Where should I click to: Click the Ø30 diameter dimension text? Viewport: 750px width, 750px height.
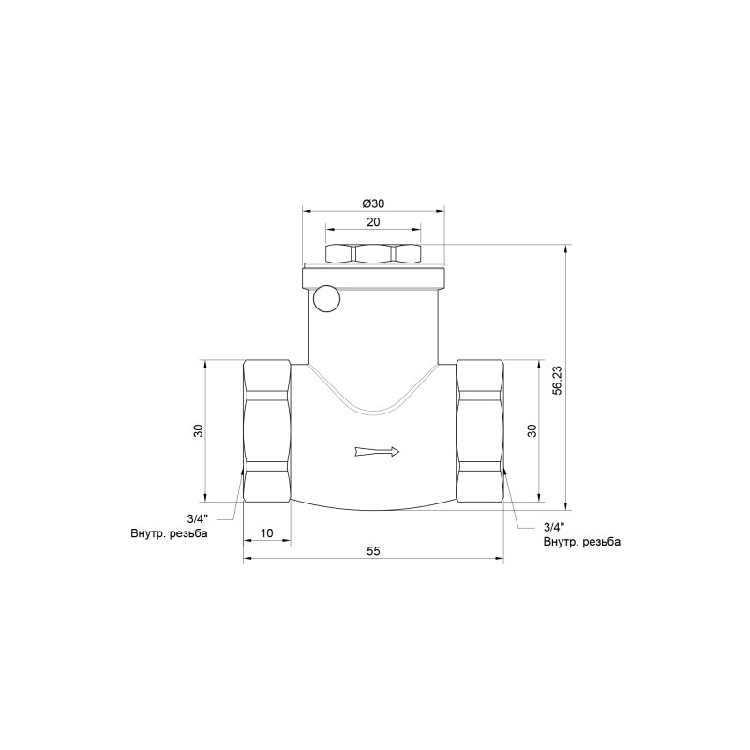point(372,204)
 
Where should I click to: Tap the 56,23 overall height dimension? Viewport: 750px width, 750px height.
point(557,377)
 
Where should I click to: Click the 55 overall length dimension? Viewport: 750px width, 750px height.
point(372,552)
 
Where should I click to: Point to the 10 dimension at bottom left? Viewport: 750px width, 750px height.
point(266,532)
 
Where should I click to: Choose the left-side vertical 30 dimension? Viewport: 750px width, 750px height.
point(197,430)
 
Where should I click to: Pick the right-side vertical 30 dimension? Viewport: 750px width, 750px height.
point(532,430)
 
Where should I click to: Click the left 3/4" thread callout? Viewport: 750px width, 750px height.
point(198,518)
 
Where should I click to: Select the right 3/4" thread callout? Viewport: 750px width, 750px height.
point(554,528)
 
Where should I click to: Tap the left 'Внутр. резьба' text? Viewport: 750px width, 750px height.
point(169,533)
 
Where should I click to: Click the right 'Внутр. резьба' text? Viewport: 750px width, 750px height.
point(581,542)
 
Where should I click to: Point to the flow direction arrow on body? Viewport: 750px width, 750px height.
point(378,453)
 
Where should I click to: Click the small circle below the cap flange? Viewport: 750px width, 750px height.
point(326,299)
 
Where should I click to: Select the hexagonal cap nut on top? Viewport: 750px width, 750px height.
point(372,253)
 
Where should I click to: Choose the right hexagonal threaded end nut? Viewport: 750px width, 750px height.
point(479,430)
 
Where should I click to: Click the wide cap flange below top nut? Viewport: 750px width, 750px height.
point(372,278)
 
